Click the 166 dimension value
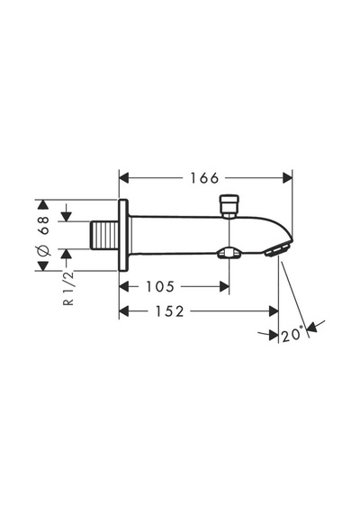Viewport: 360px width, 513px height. pyautogui.click(x=204, y=178)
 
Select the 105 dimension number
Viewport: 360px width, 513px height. pyautogui.click(x=160, y=287)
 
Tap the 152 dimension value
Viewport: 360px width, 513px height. pyautogui.click(x=169, y=311)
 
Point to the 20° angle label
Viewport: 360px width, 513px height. pyautogui.click(x=292, y=335)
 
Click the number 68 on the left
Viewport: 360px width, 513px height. pyautogui.click(x=43, y=225)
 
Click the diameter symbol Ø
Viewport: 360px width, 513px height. pyautogui.click(x=43, y=250)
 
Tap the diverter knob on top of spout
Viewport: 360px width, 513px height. pyautogui.click(x=229, y=206)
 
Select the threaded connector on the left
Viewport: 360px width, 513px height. pyautogui.click(x=104, y=235)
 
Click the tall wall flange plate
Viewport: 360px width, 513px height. pyautogui.click(x=123, y=235)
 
